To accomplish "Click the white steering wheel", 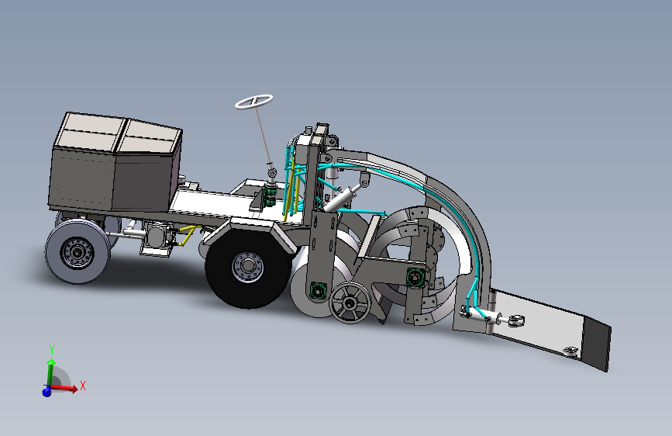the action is click(x=253, y=102).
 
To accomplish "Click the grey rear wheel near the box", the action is click(x=78, y=252).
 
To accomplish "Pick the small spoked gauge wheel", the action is click(x=350, y=303).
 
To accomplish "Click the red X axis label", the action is click(x=83, y=386).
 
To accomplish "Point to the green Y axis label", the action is click(x=51, y=350).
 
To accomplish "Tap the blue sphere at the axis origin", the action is click(x=47, y=391).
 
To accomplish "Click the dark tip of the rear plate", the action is click(x=596, y=344).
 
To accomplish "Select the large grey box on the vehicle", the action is click(x=115, y=162).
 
